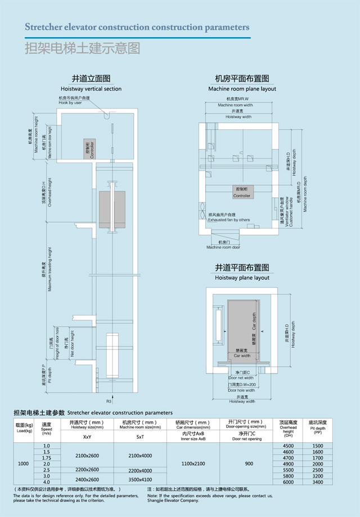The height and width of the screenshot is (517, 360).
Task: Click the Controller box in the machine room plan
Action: point(242,192)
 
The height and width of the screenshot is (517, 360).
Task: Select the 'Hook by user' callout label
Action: point(70,102)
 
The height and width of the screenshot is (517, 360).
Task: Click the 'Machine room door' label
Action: point(223,247)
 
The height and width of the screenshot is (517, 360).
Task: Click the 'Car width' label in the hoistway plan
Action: point(242,356)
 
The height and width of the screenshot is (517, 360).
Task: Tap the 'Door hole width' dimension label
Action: point(241,390)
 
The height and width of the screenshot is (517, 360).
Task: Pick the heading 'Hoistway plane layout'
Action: point(242,277)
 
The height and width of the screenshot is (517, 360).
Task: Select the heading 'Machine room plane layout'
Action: point(242,89)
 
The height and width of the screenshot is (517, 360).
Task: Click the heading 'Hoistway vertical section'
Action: point(91,89)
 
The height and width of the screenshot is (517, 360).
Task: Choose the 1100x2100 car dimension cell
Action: point(193,464)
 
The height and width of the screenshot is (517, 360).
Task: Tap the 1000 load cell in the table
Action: point(23,464)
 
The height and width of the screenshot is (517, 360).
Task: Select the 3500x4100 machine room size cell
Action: point(140,479)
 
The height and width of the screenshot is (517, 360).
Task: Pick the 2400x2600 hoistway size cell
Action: point(87,479)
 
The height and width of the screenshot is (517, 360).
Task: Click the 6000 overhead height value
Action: point(289,482)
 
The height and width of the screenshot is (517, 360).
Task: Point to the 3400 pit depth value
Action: point(318,482)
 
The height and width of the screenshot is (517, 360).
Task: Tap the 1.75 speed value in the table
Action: point(47,458)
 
